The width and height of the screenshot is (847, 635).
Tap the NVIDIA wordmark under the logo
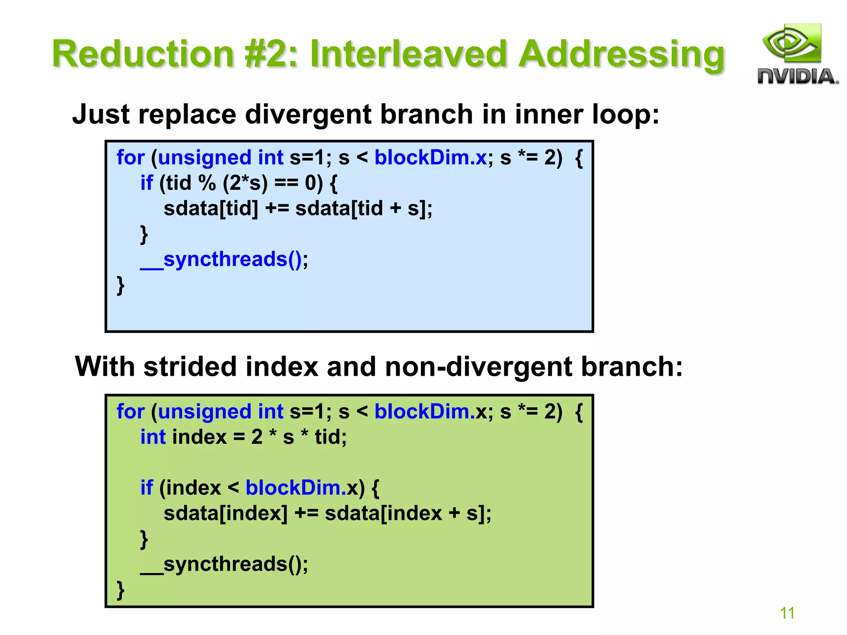pyautogui.click(x=797, y=77)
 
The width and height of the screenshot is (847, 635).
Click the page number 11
pyautogui.click(x=787, y=613)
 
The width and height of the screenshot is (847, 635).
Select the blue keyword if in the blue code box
pyautogui.click(x=146, y=183)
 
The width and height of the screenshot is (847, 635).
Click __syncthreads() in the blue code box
pyautogui.click(x=224, y=260)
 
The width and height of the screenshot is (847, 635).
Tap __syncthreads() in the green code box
pyautogui.click(x=224, y=564)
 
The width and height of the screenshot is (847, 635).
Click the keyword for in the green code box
pyautogui.click(x=130, y=412)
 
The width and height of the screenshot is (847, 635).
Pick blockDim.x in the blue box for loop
pyautogui.click(x=431, y=158)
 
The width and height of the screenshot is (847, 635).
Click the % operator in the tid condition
pyautogui.click(x=207, y=183)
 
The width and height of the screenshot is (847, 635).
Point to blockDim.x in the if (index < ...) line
pyautogui.click(x=302, y=488)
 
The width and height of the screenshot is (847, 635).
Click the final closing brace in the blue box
pyautogui.click(x=120, y=285)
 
